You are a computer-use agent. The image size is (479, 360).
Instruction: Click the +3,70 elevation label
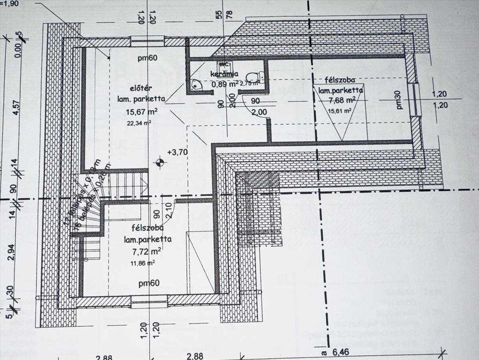[x=178, y=152]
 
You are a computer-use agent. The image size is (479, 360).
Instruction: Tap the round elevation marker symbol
[x=160, y=162]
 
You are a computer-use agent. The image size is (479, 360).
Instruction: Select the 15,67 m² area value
[x=141, y=111]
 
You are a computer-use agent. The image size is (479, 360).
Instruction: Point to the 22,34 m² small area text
[x=139, y=123]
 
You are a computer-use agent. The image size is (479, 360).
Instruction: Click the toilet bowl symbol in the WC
[x=252, y=76]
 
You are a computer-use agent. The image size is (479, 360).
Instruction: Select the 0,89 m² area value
[x=225, y=84]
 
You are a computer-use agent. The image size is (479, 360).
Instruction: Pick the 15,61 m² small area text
[x=340, y=111]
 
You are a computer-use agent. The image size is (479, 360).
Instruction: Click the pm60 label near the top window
[x=148, y=58]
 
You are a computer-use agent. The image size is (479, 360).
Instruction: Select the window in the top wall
[x=148, y=41]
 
